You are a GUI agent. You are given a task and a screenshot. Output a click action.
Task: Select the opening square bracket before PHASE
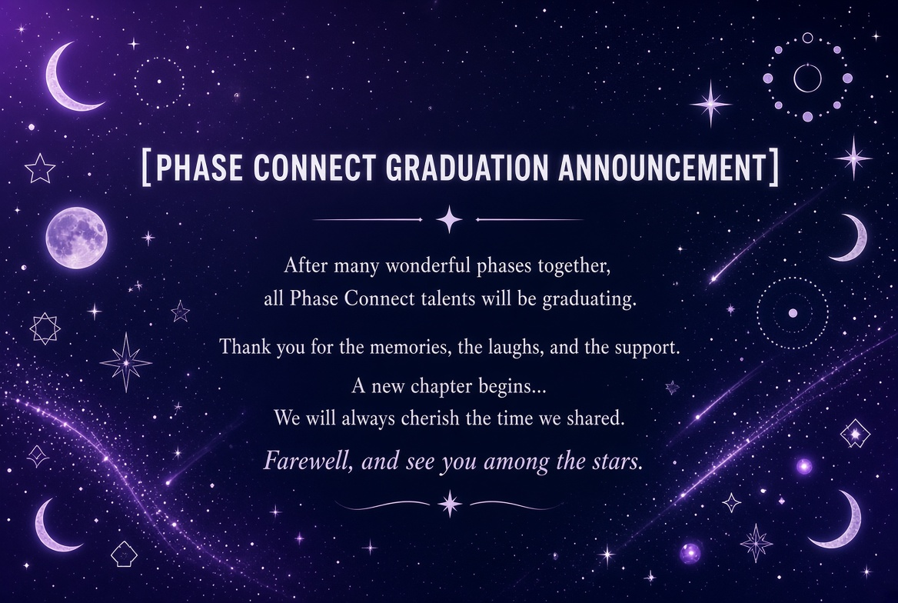[146, 168]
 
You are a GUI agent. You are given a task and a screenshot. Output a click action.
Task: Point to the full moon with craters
[76, 238]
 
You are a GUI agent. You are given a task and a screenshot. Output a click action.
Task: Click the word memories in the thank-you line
[407, 348]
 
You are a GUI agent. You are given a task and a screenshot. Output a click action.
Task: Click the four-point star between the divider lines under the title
[449, 219]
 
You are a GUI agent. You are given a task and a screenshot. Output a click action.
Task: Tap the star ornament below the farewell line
[450, 504]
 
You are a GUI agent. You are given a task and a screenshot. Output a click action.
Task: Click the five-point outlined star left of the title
[40, 169]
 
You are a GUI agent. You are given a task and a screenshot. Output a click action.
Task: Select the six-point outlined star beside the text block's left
[45, 328]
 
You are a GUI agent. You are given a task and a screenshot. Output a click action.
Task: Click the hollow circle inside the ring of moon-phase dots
[807, 78]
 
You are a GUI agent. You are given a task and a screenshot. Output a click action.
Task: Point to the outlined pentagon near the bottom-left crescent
[124, 554]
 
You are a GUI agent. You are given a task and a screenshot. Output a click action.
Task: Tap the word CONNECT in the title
[313, 168]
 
